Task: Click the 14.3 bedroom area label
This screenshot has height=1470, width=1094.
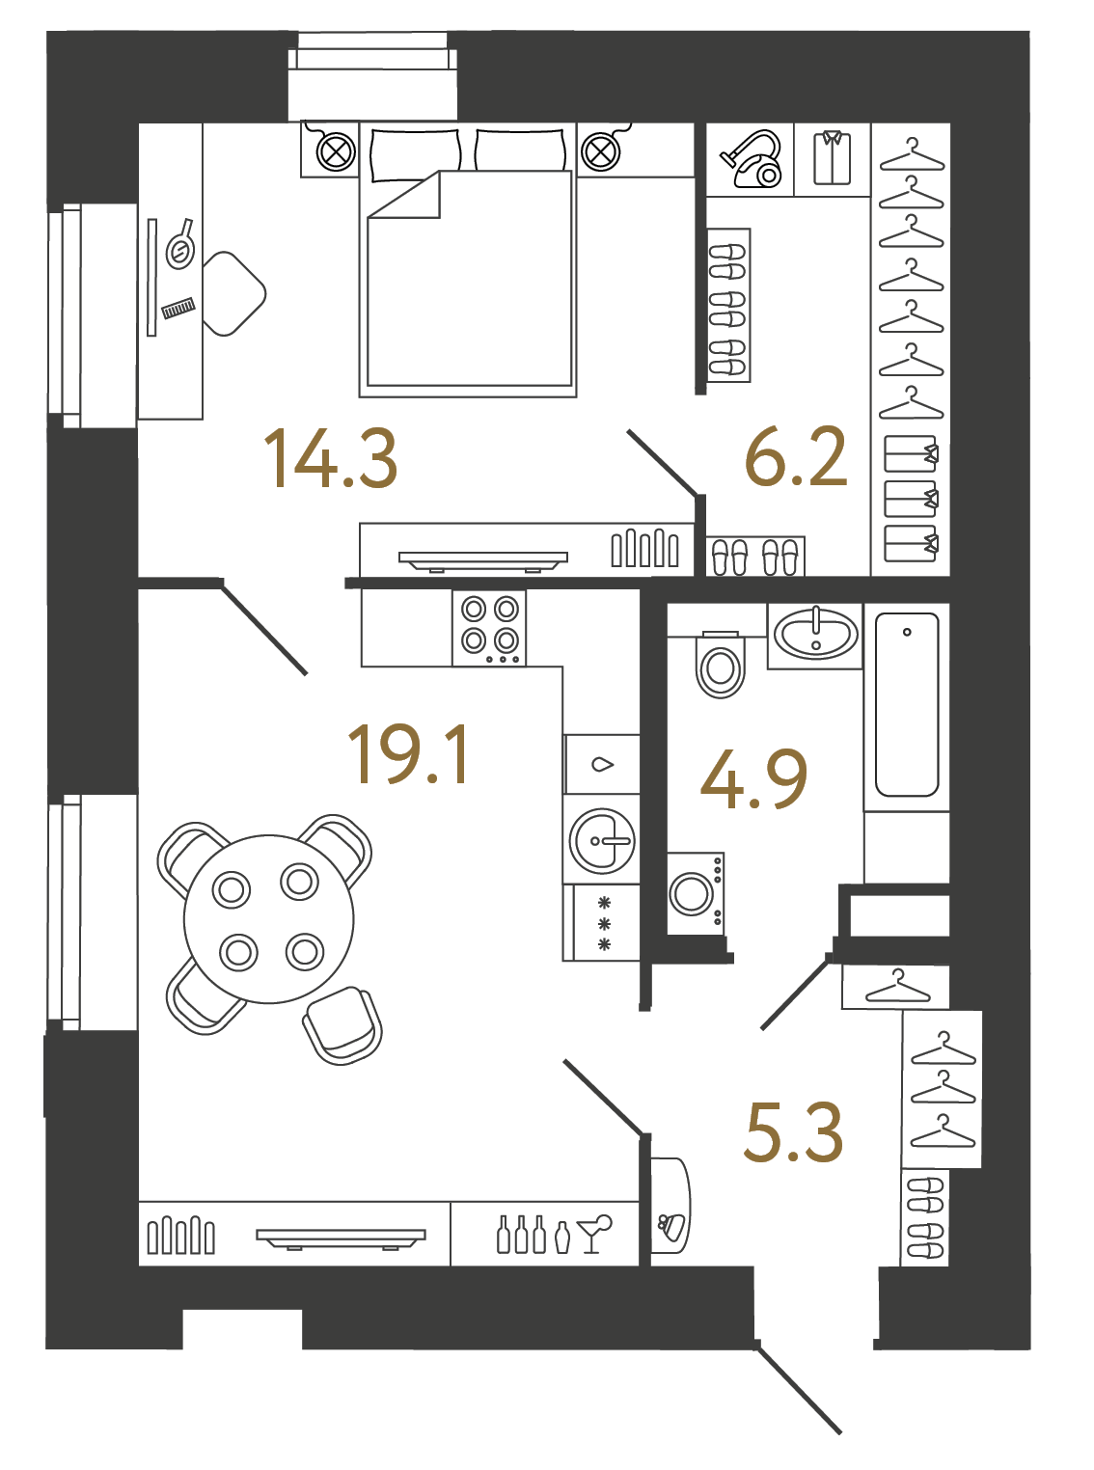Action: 330,458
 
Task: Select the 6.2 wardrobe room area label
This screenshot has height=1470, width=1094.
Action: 796,456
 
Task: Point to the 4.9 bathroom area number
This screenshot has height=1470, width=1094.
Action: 753,779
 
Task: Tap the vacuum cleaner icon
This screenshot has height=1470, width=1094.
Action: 751,159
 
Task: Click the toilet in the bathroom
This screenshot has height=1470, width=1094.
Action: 720,664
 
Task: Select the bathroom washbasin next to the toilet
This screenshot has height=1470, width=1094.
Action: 815,635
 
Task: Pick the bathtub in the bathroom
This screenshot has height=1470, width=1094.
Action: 907,704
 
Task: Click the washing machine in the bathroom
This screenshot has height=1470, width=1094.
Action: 696,893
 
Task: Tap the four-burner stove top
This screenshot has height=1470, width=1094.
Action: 489,628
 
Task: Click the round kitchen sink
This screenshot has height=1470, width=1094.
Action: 601,840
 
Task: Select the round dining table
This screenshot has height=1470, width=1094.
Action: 268,918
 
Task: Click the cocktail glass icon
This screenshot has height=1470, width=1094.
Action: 594,1233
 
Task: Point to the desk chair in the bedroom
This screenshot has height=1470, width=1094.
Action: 232,293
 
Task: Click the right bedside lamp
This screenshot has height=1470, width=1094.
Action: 601,151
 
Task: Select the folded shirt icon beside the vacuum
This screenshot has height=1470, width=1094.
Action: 832,158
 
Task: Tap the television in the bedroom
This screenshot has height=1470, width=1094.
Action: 482,560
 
